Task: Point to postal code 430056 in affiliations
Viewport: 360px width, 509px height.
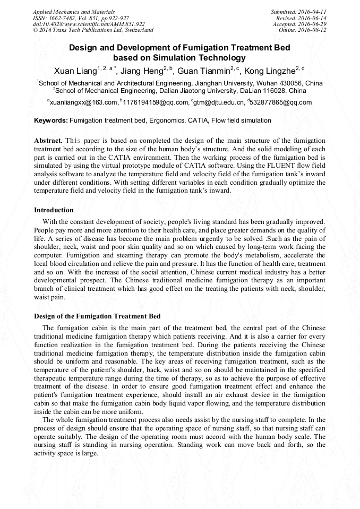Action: tap(278, 83)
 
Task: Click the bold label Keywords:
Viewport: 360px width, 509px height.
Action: tap(51, 120)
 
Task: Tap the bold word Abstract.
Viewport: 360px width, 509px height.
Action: tap(48, 141)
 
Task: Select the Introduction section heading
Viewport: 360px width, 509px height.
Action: tap(54, 210)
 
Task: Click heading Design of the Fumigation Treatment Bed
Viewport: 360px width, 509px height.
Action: tap(97, 316)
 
